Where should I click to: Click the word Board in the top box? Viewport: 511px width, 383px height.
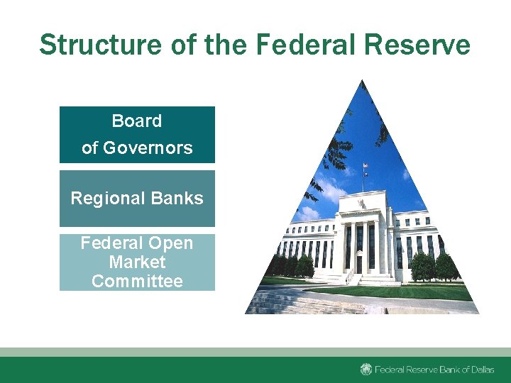[137, 121]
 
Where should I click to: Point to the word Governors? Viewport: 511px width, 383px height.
[148, 148]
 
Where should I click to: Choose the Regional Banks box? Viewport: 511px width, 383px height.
[137, 199]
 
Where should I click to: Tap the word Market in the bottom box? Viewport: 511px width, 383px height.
[137, 262]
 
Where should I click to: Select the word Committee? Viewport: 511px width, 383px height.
[137, 281]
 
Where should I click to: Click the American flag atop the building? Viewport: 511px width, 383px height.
[366, 167]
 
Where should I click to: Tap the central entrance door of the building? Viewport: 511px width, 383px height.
[361, 265]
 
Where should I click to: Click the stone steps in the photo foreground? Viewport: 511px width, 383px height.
[284, 301]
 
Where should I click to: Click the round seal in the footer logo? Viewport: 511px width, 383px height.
[366, 369]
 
